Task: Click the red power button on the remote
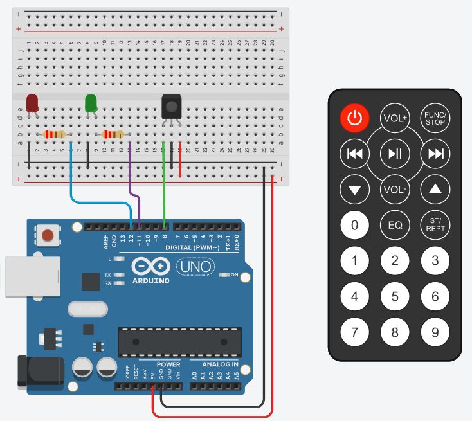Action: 355,118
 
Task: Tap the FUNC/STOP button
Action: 435,118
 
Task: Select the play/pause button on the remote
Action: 395,153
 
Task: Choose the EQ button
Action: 395,226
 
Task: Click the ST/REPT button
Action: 435,225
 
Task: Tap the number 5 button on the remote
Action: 395,296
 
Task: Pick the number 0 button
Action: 355,226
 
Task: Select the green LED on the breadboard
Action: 91,103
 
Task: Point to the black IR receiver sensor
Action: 170,105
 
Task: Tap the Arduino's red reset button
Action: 47,235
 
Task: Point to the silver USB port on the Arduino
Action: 22,277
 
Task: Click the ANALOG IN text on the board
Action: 221,364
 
